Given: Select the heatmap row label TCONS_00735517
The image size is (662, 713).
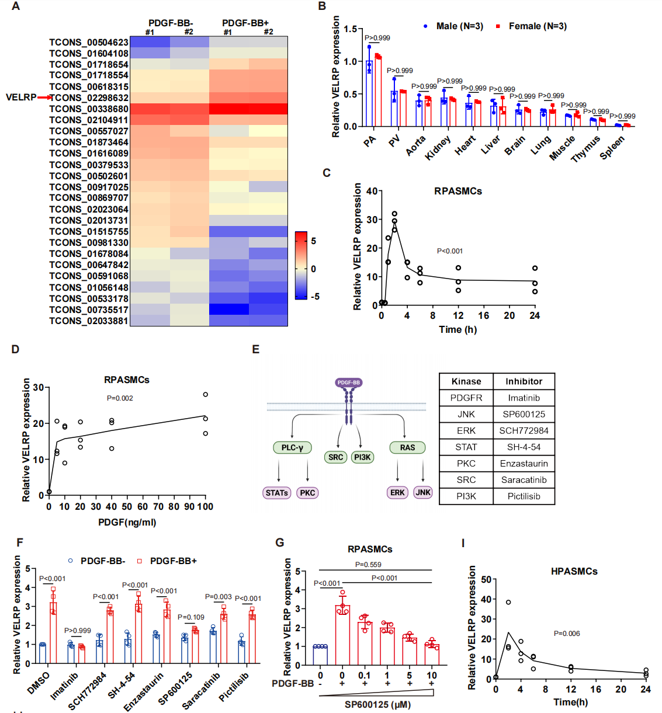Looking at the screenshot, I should pyautogui.click(x=88, y=309).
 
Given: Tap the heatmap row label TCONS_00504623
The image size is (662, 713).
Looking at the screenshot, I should pyautogui.click(x=88, y=42).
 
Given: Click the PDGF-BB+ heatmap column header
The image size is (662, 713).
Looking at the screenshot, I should pyautogui.click(x=245, y=23).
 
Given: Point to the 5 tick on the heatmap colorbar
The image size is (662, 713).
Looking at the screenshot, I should pyautogui.click(x=314, y=241).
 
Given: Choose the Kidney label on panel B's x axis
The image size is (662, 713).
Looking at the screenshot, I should pyautogui.click(x=438, y=148).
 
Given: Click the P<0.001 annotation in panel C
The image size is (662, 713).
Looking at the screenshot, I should pyautogui.click(x=450, y=251).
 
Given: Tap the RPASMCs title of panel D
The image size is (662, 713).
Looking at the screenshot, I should pyautogui.click(x=127, y=380).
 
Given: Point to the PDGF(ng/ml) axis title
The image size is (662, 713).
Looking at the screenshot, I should pyautogui.click(x=127, y=522).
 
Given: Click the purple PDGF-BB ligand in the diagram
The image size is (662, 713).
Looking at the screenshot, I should pyautogui.click(x=349, y=382).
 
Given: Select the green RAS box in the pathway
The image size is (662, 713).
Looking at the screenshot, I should pyautogui.click(x=407, y=447).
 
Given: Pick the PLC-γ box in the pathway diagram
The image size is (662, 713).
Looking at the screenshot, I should pyautogui.click(x=292, y=447).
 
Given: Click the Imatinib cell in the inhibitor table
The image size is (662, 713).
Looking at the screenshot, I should pyautogui.click(x=524, y=398).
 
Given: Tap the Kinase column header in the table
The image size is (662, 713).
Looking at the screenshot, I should pyautogui.click(x=466, y=381).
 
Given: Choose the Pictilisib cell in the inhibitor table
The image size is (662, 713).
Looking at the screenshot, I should pyautogui.click(x=524, y=496).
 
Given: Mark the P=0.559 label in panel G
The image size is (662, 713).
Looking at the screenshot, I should pyautogui.click(x=368, y=565).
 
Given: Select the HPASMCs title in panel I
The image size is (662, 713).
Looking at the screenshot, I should pyautogui.click(x=574, y=571).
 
